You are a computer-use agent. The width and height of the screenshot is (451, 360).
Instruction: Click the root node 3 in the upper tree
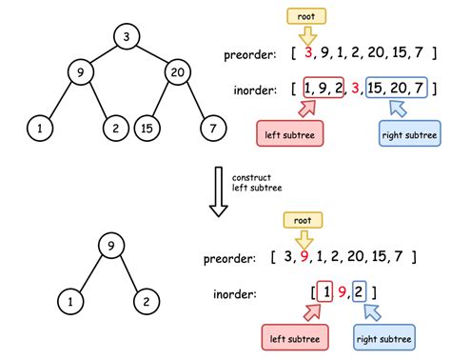pos(127,37)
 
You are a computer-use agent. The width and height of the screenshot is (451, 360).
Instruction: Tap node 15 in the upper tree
pos(147,128)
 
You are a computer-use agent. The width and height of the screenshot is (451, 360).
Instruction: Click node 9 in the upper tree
pos(83,72)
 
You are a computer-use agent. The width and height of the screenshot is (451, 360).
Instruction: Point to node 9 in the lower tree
pos(112,248)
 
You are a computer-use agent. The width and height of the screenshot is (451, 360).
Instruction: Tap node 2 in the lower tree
pos(145,303)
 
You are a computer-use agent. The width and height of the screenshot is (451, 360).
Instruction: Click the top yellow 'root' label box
pos(306,16)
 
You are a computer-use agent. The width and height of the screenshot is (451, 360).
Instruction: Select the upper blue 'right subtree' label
pos(409,132)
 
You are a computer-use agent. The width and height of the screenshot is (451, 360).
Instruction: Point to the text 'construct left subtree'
pos(250,182)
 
